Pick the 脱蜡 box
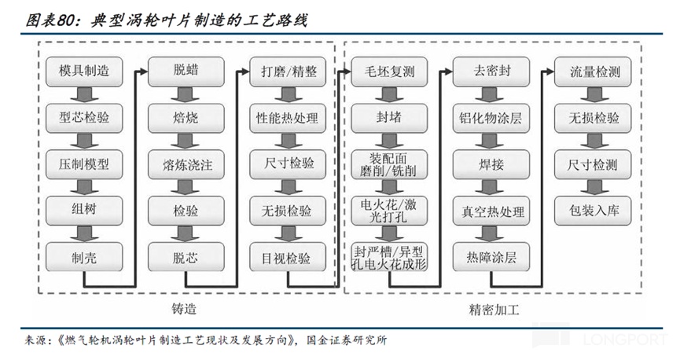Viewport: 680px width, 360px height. click(x=186, y=72)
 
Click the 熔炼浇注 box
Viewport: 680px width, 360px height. click(x=186, y=164)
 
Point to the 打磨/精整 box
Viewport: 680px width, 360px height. click(x=288, y=72)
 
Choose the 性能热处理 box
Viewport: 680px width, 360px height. click(x=288, y=118)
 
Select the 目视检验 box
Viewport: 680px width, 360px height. click(x=288, y=256)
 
